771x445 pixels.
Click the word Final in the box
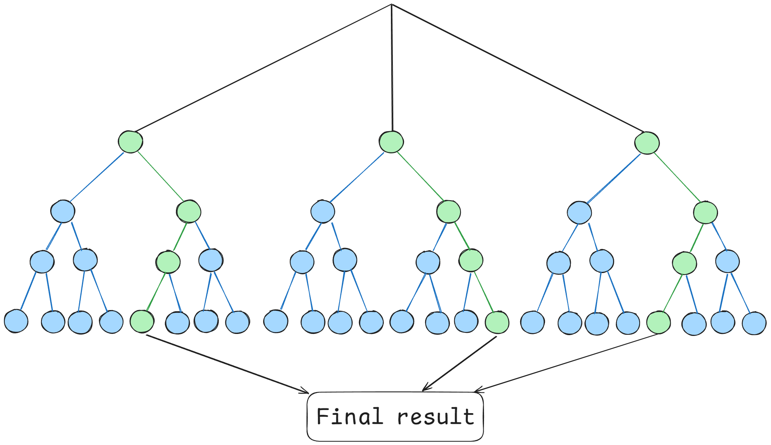349,417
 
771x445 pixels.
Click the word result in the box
436,417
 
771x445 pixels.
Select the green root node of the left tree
131,142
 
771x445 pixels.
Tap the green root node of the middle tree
391,142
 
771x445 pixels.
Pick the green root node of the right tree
647,143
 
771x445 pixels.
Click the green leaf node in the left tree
142,321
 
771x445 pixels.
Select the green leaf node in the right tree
659,322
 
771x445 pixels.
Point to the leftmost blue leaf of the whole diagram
16,321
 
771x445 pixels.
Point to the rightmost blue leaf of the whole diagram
754,323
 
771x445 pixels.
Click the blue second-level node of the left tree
63,211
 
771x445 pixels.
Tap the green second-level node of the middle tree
449,211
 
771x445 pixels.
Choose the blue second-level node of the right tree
580,213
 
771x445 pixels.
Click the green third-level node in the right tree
685,263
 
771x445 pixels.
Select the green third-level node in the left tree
168,262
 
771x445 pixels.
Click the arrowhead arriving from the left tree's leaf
306,392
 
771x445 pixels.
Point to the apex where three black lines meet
392,5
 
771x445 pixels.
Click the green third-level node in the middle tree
471,260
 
